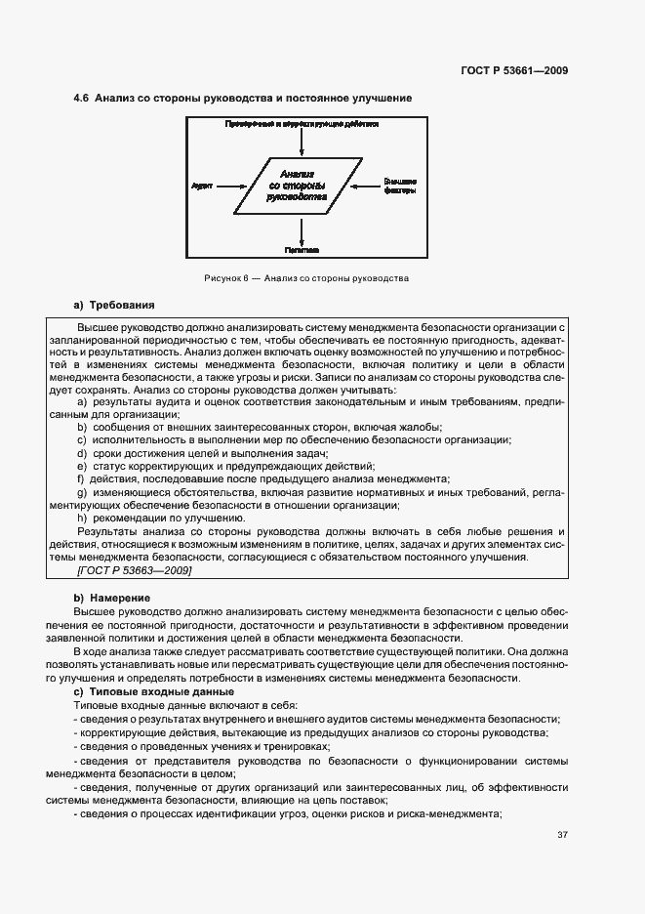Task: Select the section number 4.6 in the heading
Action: [x=82, y=99]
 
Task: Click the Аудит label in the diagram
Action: [x=202, y=184]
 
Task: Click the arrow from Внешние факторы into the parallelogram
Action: [x=364, y=184]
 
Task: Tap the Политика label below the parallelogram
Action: [x=303, y=250]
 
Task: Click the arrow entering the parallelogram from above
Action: [x=303, y=142]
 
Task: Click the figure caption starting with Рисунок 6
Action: [x=305, y=278]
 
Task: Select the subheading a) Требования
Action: [x=114, y=305]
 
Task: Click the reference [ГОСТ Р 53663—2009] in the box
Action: [x=134, y=569]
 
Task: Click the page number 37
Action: [x=563, y=835]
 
